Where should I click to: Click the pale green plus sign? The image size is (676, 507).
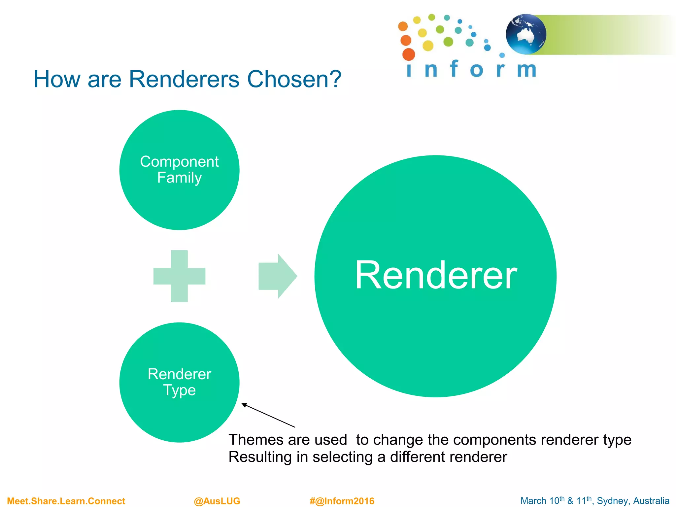(x=179, y=276)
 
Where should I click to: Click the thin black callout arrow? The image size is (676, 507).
(x=268, y=415)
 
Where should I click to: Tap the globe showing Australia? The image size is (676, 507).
(x=526, y=34)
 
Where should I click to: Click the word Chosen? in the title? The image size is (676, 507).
(x=294, y=79)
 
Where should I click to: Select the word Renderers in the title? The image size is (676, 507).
(x=184, y=79)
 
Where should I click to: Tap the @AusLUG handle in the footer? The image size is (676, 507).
(x=217, y=501)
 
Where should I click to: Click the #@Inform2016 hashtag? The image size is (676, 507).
(x=342, y=501)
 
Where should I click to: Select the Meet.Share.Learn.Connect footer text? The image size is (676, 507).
(x=66, y=501)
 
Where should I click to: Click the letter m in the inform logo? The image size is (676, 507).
(x=526, y=69)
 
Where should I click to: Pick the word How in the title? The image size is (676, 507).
(x=57, y=79)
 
